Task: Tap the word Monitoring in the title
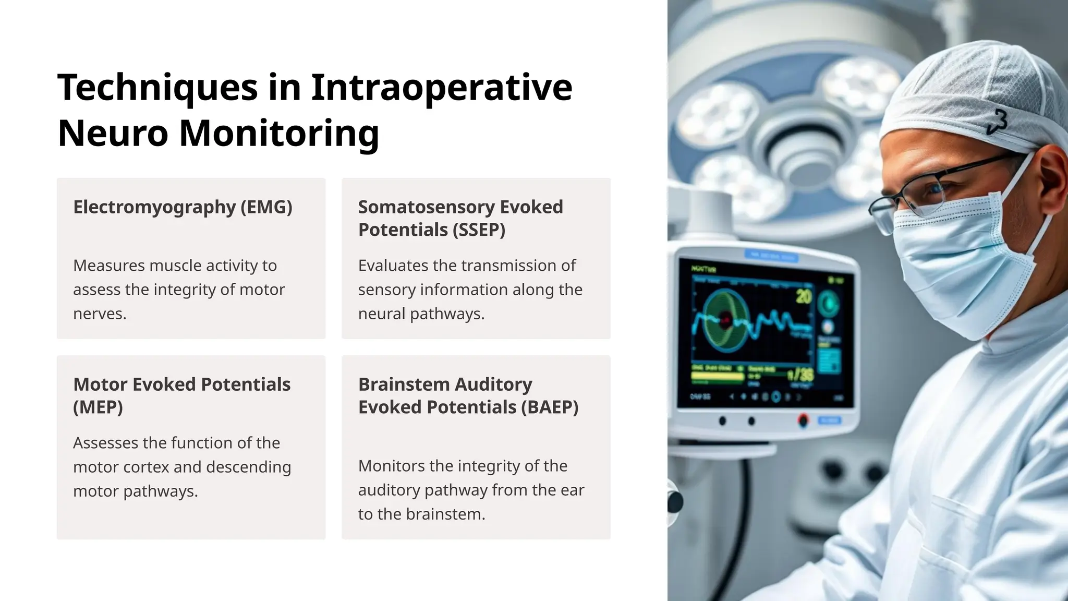click(x=279, y=134)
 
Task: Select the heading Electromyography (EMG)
click(x=183, y=207)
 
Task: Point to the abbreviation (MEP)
click(x=98, y=407)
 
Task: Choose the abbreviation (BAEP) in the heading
click(x=550, y=407)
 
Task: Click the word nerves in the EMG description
click(x=99, y=314)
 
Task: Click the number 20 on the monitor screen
click(x=804, y=296)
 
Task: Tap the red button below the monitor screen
click(x=803, y=420)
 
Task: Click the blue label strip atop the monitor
click(x=771, y=256)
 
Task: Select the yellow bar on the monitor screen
click(x=717, y=376)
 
